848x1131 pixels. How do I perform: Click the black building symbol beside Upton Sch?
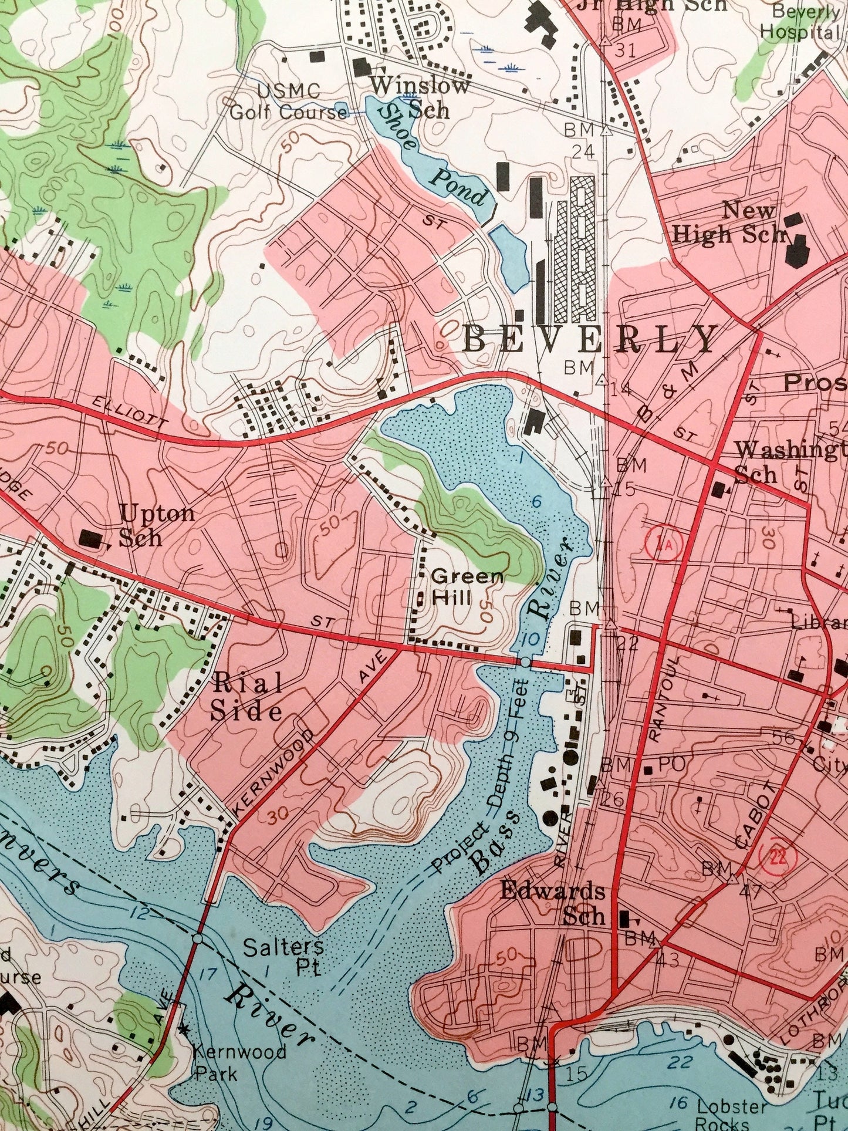(x=91, y=538)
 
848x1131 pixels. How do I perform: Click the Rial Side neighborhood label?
(x=246, y=697)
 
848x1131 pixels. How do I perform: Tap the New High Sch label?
(x=731, y=222)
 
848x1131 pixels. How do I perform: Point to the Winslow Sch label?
(x=418, y=97)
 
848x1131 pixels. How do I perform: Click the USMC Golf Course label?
(x=288, y=102)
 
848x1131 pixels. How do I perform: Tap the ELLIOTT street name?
(x=130, y=413)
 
